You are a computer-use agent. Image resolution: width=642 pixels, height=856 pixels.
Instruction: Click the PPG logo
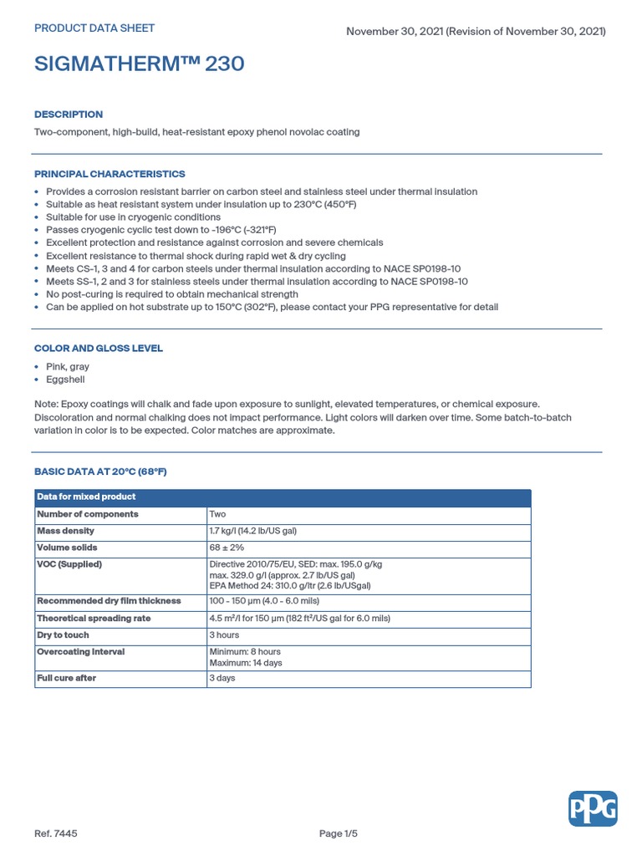click(594, 808)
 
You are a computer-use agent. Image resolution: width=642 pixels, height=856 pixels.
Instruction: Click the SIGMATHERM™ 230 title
click(140, 64)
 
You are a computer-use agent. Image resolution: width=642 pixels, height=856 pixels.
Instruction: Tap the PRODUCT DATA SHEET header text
click(94, 28)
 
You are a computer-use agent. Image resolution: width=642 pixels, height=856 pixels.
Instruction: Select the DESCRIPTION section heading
click(69, 115)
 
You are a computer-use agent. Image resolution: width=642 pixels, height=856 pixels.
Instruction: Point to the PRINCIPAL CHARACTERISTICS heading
click(110, 174)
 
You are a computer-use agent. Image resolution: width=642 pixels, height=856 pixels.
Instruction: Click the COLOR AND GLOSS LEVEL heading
click(99, 348)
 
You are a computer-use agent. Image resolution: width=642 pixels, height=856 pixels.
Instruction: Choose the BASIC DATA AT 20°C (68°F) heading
click(100, 471)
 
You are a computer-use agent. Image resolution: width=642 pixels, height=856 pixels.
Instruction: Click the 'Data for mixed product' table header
click(86, 497)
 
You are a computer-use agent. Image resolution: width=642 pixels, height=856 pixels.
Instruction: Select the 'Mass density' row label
click(66, 531)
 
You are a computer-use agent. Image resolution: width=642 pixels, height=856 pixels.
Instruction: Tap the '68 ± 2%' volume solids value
click(227, 548)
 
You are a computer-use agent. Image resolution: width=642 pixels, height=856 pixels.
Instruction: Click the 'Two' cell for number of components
click(217, 514)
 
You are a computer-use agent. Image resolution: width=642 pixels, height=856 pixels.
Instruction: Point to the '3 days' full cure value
click(222, 678)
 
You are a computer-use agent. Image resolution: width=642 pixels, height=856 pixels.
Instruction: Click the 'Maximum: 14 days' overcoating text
click(246, 663)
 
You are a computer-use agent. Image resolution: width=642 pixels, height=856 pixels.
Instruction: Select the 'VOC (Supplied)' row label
click(69, 564)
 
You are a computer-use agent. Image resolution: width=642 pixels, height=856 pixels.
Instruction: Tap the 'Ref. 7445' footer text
click(56, 833)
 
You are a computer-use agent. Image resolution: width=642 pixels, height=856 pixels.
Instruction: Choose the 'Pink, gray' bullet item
click(68, 367)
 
